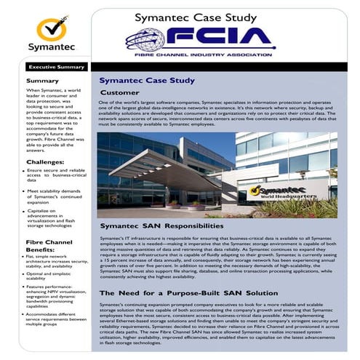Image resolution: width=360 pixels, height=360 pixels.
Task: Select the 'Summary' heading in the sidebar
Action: (42, 81)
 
